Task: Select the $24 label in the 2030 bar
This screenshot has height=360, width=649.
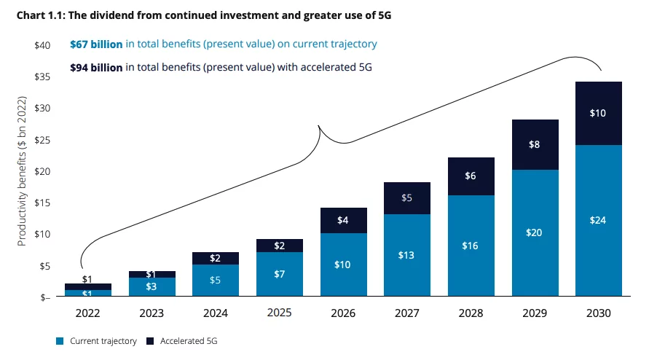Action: coord(597,220)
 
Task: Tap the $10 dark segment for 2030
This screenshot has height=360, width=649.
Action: coord(597,114)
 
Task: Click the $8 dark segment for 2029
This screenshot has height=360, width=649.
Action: coord(534,144)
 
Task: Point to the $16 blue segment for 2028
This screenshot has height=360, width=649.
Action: coord(471,246)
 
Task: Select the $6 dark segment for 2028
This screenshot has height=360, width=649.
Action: coord(471,176)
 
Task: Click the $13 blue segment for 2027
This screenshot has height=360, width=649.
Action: coord(407,255)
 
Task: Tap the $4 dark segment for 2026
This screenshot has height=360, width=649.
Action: coord(344,220)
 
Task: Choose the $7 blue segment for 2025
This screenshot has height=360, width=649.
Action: coord(280,274)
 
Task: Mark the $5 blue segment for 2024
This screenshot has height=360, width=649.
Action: coord(216,281)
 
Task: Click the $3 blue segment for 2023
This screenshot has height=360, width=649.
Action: coord(153,287)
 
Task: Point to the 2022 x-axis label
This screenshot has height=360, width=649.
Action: coord(89,313)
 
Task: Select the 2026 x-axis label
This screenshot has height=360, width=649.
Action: coord(344,313)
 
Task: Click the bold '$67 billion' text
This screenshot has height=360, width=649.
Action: coord(96,44)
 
